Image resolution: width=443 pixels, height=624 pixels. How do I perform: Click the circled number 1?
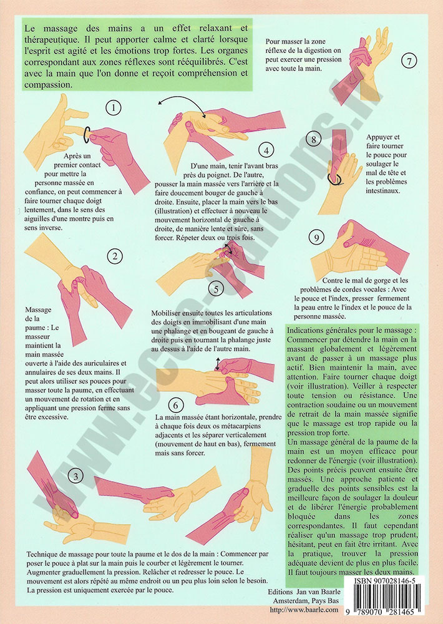pos(114,107)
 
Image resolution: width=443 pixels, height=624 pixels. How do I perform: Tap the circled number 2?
pos(115,256)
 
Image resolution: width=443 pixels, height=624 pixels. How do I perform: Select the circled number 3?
pos(75,476)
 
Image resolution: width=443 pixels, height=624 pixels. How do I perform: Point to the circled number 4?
pos(266,150)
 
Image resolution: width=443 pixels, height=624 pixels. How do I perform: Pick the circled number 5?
pos(216,289)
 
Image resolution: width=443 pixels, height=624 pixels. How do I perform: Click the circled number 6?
pos(175,406)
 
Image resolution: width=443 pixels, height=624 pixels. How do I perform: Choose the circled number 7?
pos(409,61)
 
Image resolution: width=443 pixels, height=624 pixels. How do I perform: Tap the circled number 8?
pos(314,139)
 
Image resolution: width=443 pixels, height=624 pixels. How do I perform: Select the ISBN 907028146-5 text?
pos(384,581)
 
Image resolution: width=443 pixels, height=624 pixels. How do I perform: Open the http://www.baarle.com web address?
pos(304,609)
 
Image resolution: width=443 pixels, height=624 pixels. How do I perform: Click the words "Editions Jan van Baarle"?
pos(304,592)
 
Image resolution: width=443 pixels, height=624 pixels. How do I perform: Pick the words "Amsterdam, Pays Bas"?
pos(306,600)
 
